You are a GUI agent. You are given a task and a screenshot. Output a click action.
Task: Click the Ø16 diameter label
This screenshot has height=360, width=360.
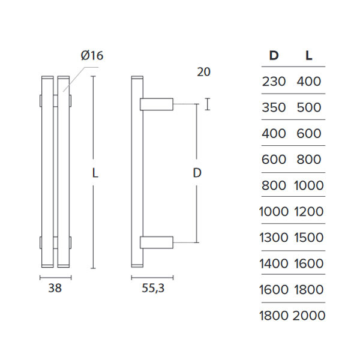pos(92,56)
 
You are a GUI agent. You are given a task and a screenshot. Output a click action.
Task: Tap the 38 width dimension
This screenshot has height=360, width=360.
pos(55,288)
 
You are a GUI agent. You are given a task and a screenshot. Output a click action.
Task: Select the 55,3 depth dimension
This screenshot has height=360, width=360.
pos(153,288)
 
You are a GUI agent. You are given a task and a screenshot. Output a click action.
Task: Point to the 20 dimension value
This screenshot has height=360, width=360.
pos(203,72)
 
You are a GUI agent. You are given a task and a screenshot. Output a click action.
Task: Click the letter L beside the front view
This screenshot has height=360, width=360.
pos(95,173)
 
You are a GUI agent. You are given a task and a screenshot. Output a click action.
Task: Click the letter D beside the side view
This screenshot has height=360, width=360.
pos(196,173)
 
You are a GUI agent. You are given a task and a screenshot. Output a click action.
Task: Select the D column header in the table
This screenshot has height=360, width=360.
pos(274,56)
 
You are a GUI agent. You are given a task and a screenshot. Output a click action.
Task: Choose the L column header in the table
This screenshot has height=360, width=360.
pos(308,56)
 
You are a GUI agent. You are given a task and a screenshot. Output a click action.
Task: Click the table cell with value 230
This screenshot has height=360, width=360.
pos(274,82)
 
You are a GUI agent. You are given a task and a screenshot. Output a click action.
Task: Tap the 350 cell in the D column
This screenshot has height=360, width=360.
pos(274,108)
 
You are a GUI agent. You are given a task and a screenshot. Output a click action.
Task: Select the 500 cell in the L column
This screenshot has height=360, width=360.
pos(308,108)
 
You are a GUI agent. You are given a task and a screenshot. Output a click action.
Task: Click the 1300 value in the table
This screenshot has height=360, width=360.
pos(274,238)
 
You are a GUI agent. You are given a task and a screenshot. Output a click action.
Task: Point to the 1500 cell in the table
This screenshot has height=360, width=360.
pos(308,238)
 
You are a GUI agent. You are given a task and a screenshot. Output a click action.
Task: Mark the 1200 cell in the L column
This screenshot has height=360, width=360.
pos(308,211)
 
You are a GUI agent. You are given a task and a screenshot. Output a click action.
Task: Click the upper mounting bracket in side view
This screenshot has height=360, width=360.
pos(157,104)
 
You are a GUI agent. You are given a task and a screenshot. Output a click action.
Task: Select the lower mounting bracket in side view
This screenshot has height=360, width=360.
pos(157,242)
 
